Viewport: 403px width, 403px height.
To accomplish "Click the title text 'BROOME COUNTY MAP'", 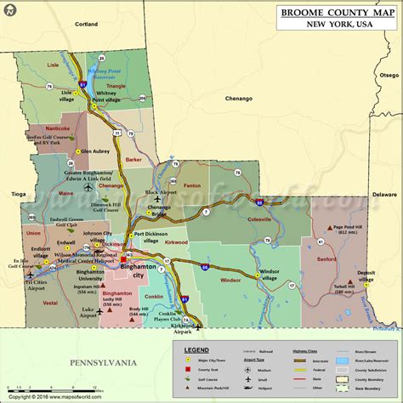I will (336, 13).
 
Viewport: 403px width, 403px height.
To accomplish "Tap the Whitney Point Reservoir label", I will (105, 74).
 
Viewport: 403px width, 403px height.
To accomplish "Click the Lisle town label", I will (53, 64).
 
